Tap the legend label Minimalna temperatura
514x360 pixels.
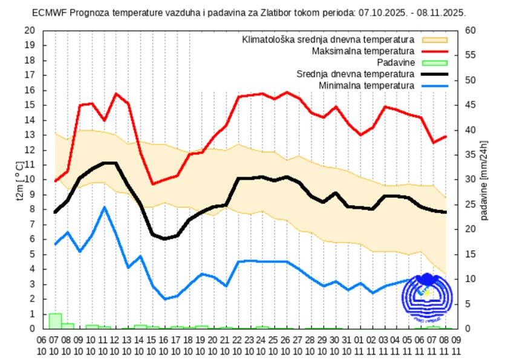click(366, 85)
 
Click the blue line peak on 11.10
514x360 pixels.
click(105, 207)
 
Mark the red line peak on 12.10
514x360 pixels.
click(116, 94)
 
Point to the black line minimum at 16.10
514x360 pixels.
click(164, 239)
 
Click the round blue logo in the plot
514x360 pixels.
click(427, 296)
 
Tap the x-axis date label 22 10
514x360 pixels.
click(238, 344)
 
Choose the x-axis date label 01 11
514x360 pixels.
click(360, 344)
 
